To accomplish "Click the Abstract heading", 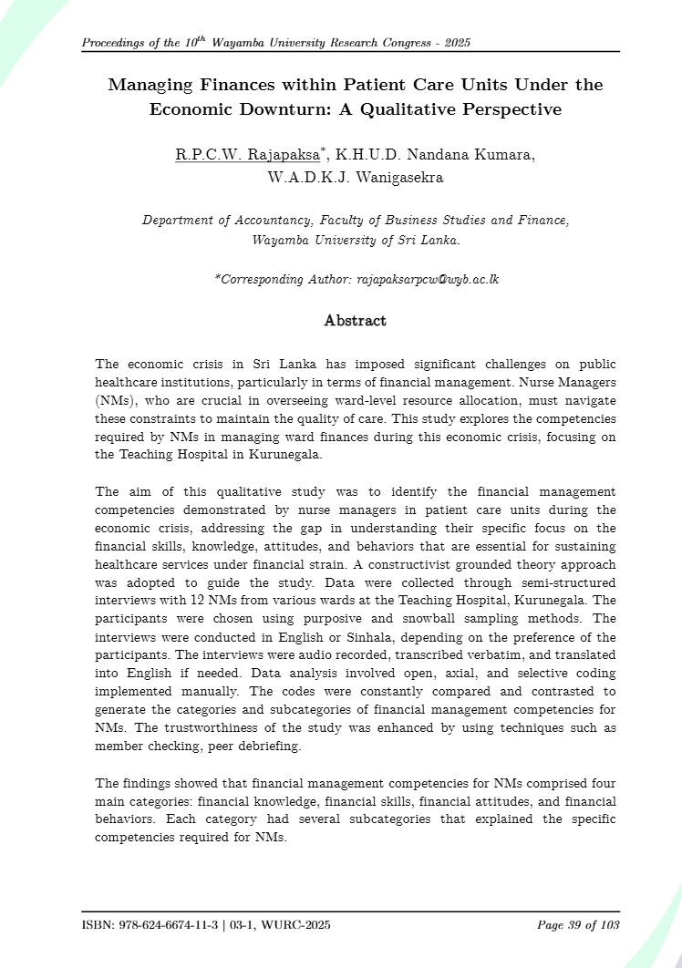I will pyautogui.click(x=355, y=321).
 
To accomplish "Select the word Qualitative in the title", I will pyautogui.click(x=422, y=109).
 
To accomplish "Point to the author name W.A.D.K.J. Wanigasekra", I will pyautogui.click(x=355, y=178).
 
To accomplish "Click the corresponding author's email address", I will pyautogui.click(x=427, y=279).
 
